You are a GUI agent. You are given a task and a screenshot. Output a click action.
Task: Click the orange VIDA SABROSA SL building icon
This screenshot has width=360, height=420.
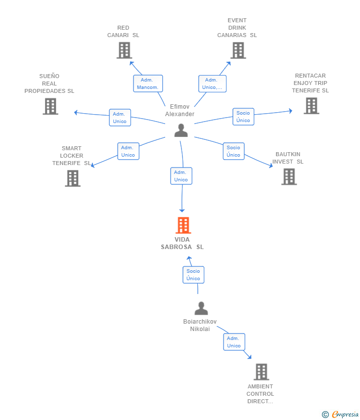coord(183,225)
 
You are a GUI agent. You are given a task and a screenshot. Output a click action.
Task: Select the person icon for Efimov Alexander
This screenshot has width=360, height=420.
coord(181,130)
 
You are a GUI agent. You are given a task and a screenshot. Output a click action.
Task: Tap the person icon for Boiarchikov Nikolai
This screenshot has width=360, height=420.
coord(201,308)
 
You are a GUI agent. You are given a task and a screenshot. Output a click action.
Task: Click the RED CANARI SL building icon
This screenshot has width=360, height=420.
coord(125,50)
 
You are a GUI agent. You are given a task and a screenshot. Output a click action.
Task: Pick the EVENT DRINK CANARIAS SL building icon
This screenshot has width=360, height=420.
coord(238,50)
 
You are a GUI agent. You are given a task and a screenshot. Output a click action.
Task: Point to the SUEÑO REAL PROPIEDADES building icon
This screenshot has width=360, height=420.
coord(50,106)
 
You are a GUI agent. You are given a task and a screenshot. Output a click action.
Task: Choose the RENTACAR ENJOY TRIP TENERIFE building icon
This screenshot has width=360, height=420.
coord(312,106)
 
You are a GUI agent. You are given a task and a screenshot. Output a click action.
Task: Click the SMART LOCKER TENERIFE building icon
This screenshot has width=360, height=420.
coord(73,178)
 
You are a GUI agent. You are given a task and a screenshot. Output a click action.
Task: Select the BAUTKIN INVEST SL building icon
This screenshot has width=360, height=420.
coord(289,177)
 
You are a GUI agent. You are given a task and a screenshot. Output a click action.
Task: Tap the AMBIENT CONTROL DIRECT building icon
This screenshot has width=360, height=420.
coord(262,372)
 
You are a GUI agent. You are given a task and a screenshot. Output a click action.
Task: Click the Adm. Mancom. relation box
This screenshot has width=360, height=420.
coord(148,84)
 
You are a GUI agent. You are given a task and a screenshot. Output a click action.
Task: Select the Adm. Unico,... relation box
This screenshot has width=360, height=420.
coord(212,84)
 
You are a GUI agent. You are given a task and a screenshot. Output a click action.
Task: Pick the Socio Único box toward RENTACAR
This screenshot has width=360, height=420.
coord(243,117)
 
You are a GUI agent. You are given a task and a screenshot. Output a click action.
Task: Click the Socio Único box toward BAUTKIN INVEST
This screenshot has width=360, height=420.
coord(234,151)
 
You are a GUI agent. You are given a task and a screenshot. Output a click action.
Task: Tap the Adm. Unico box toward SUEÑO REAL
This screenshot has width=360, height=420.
coord(120,118)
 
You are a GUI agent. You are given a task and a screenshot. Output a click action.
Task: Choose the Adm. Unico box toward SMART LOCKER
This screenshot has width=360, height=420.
coord(129,151)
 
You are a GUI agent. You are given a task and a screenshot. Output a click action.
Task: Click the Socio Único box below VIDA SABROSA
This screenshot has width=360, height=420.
coord(193,275)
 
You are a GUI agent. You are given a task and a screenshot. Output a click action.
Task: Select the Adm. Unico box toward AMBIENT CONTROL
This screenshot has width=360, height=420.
coord(234,342)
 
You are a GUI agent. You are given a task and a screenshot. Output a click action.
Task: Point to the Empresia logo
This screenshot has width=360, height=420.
coord(340,415)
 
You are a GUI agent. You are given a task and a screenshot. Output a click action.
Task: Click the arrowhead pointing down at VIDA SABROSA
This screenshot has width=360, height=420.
coord(182,210)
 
